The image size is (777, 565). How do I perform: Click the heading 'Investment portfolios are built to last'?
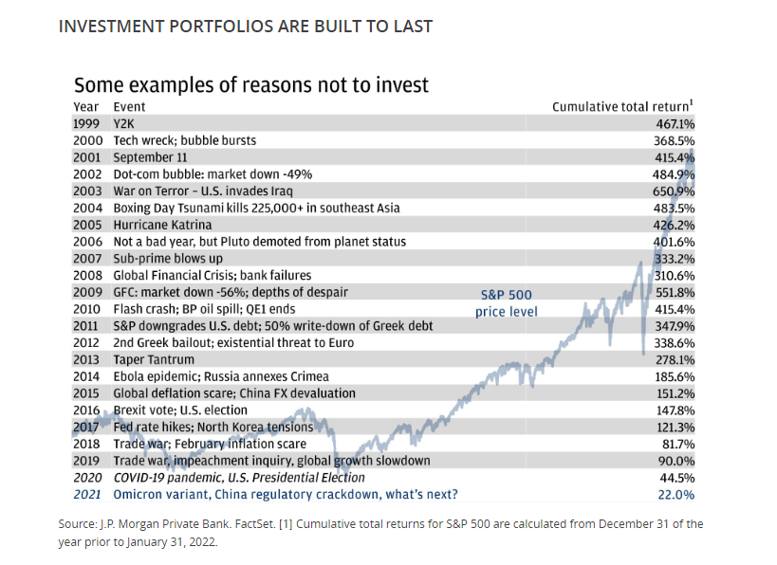click(246, 27)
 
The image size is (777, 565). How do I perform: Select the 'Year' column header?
click(86, 107)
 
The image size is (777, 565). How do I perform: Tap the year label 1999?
click(87, 124)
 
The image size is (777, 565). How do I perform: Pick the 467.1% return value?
click(675, 124)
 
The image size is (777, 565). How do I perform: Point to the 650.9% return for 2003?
click(675, 191)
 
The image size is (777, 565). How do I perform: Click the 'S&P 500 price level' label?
click(509, 302)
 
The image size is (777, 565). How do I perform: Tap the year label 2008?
click(87, 276)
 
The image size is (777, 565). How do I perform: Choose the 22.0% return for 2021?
click(677, 494)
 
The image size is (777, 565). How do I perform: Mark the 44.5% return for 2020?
click(677, 477)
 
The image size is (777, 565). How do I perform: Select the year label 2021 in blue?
click(87, 494)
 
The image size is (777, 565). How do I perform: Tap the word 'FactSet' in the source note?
click(258, 523)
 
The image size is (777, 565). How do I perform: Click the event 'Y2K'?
click(125, 124)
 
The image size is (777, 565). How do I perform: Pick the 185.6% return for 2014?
click(675, 376)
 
